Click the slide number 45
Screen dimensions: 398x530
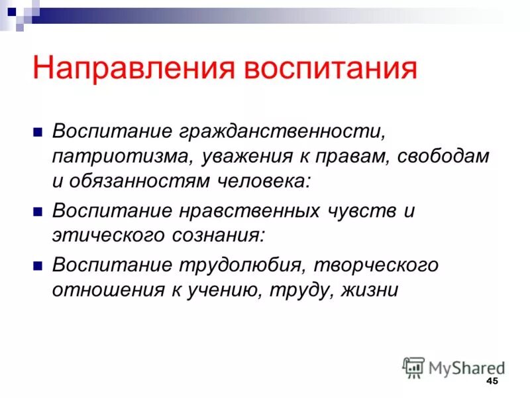(492, 381)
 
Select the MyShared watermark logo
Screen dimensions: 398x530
(453, 366)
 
